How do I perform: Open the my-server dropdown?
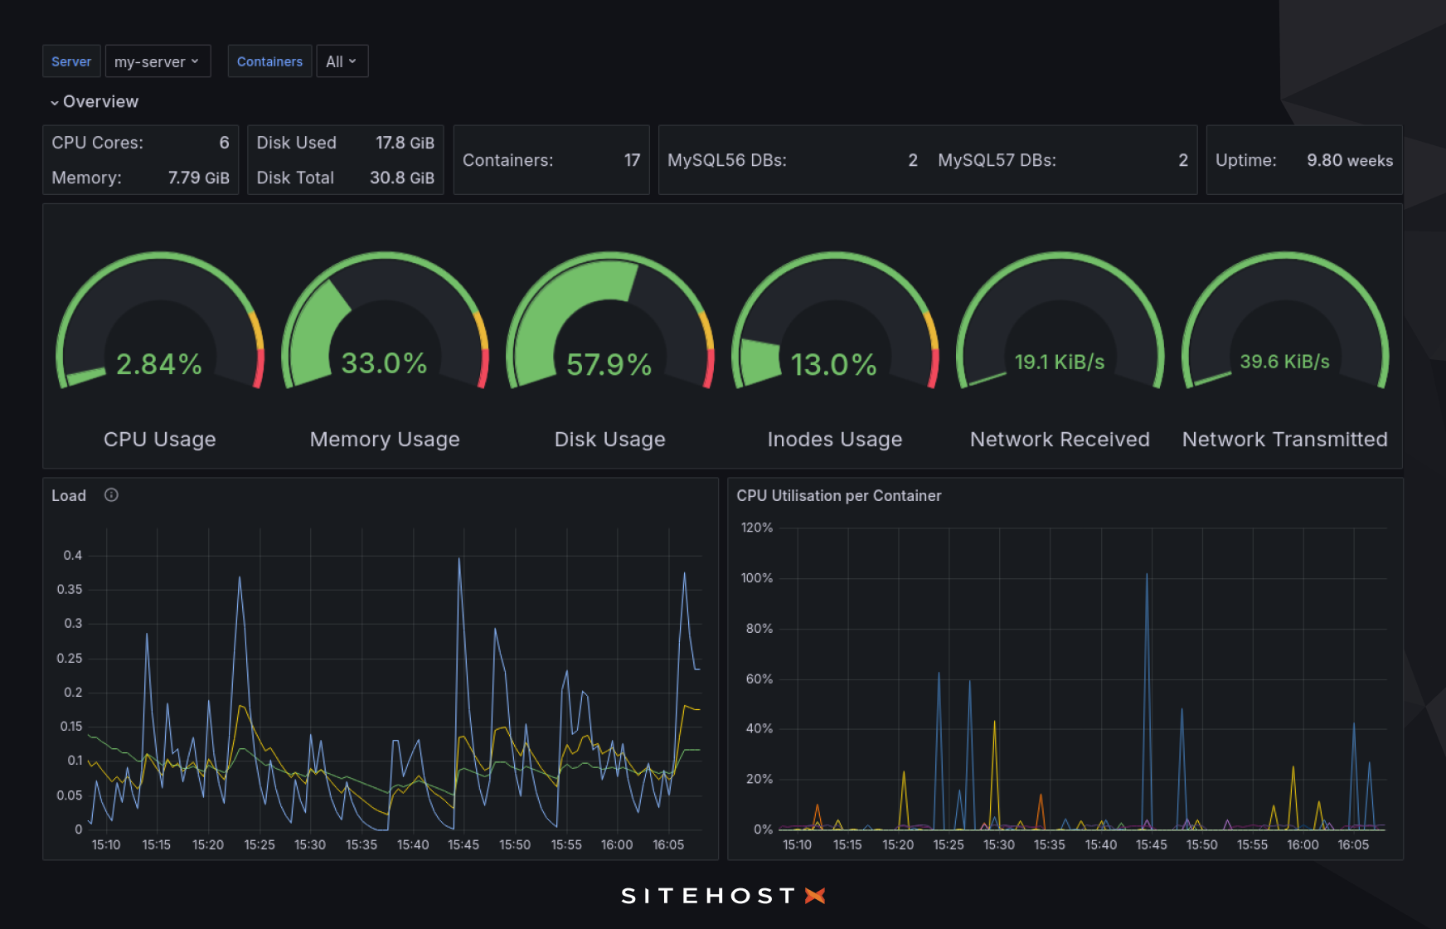point(158,61)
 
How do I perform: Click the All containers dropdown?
point(341,61)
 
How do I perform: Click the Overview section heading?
point(99,101)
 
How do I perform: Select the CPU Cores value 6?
point(224,143)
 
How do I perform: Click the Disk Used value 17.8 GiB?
point(405,143)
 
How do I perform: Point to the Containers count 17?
point(632,160)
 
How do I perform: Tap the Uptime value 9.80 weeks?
point(1349,160)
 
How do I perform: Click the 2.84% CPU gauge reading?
point(159,364)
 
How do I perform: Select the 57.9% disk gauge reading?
point(609,364)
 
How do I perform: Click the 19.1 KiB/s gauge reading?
point(1060,362)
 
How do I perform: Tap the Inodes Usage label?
point(834,439)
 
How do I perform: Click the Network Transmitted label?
point(1284,439)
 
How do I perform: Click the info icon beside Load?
point(111,495)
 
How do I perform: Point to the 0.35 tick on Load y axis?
point(70,589)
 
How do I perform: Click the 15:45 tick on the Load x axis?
point(463,844)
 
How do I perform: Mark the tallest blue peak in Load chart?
point(459,561)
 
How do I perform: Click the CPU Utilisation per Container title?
point(838,495)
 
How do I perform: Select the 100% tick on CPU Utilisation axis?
point(756,578)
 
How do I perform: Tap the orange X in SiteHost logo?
point(815,896)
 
